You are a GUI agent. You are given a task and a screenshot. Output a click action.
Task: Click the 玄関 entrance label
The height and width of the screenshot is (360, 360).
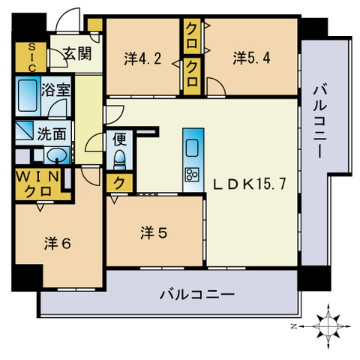point(76,53)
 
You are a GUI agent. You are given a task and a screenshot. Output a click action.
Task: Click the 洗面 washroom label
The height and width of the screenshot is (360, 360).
point(52,136)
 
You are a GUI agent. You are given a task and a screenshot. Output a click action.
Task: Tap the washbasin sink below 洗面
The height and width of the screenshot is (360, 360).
point(54,157)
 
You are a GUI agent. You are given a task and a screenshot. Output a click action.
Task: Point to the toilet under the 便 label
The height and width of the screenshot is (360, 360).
point(119,158)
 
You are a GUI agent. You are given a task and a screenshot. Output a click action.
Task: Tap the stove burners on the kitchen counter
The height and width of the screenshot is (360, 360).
point(190,175)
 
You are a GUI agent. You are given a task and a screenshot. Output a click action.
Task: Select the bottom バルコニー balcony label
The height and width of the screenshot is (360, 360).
point(197,294)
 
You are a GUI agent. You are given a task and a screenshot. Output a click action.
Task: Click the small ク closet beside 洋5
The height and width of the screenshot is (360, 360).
point(118,182)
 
